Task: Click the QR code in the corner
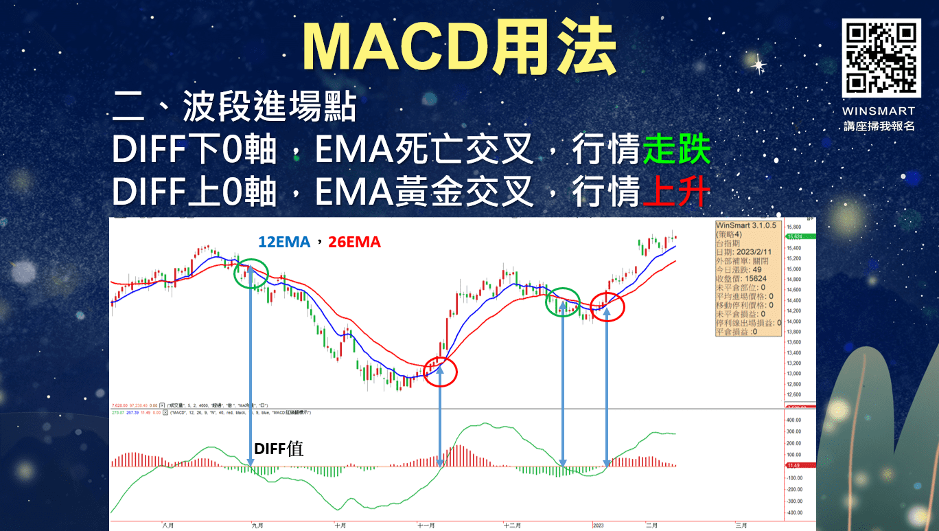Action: [880, 58]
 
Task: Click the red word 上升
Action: [676, 192]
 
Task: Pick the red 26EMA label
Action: [354, 242]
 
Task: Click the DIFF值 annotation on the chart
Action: [279, 449]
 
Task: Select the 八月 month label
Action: [167, 525]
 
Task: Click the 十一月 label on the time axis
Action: [426, 525]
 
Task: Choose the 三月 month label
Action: [741, 525]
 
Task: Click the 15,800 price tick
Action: [794, 227]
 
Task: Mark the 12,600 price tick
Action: [794, 394]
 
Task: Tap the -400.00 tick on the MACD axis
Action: [795, 512]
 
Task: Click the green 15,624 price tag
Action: [797, 237]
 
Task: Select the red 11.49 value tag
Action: [796, 466]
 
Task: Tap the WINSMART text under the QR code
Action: [880, 111]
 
